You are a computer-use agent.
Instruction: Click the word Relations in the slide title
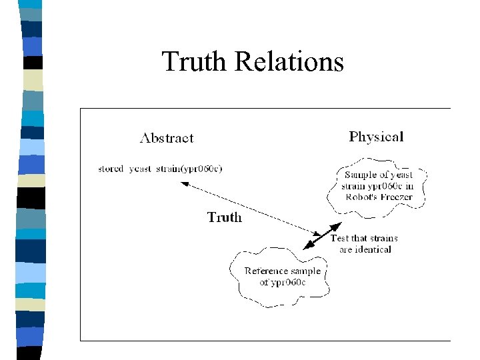289,61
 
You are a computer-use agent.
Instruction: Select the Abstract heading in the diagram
167,139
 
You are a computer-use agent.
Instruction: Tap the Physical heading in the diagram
376,137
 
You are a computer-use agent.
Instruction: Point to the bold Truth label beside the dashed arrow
225,217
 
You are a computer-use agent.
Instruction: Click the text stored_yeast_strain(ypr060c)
160,169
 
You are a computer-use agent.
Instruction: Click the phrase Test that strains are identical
365,243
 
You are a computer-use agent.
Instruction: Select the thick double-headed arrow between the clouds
322,235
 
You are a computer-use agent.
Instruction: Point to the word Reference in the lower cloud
266,271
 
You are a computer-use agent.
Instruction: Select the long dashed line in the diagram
247,210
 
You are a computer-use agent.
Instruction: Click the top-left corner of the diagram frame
81,109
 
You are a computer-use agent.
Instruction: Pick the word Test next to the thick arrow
340,238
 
